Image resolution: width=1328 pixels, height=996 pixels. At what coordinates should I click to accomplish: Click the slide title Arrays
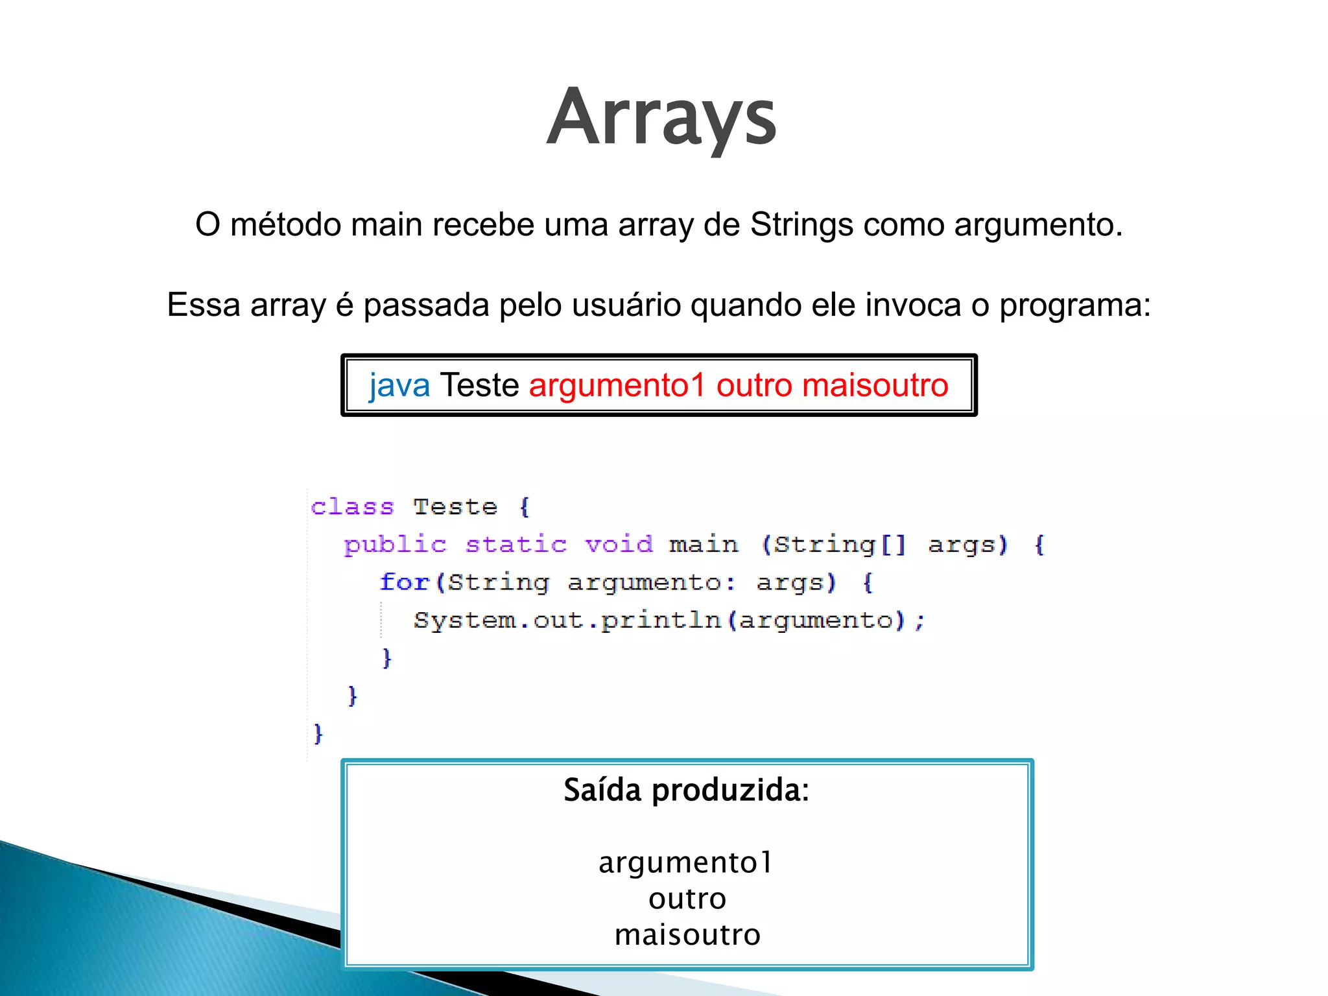point(661,119)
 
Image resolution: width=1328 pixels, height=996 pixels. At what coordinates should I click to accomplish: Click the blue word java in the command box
point(399,385)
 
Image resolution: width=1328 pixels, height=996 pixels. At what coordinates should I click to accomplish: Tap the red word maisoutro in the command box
point(875,385)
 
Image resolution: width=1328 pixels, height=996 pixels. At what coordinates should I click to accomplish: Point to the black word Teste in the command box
point(479,385)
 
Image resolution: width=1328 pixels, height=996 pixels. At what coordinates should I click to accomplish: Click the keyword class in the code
point(352,506)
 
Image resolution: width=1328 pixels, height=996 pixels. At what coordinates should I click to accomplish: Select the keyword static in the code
point(516,544)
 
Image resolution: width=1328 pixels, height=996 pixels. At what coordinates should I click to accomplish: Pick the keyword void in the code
point(619,544)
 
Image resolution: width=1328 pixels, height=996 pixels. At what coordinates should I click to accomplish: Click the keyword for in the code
point(404,582)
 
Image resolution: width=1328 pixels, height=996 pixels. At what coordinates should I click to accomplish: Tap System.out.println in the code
point(567,620)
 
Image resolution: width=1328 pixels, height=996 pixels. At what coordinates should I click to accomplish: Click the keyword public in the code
point(396,545)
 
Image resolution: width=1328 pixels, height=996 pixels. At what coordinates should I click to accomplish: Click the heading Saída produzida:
point(687,790)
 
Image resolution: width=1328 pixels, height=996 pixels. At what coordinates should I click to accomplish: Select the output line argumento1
point(686,862)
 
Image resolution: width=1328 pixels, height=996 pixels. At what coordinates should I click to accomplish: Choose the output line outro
point(687,899)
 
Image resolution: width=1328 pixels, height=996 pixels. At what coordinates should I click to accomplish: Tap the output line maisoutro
point(687,935)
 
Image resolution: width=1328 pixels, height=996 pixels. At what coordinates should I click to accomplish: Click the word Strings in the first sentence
point(801,225)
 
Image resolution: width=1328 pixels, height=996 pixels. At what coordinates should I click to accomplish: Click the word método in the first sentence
point(286,225)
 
